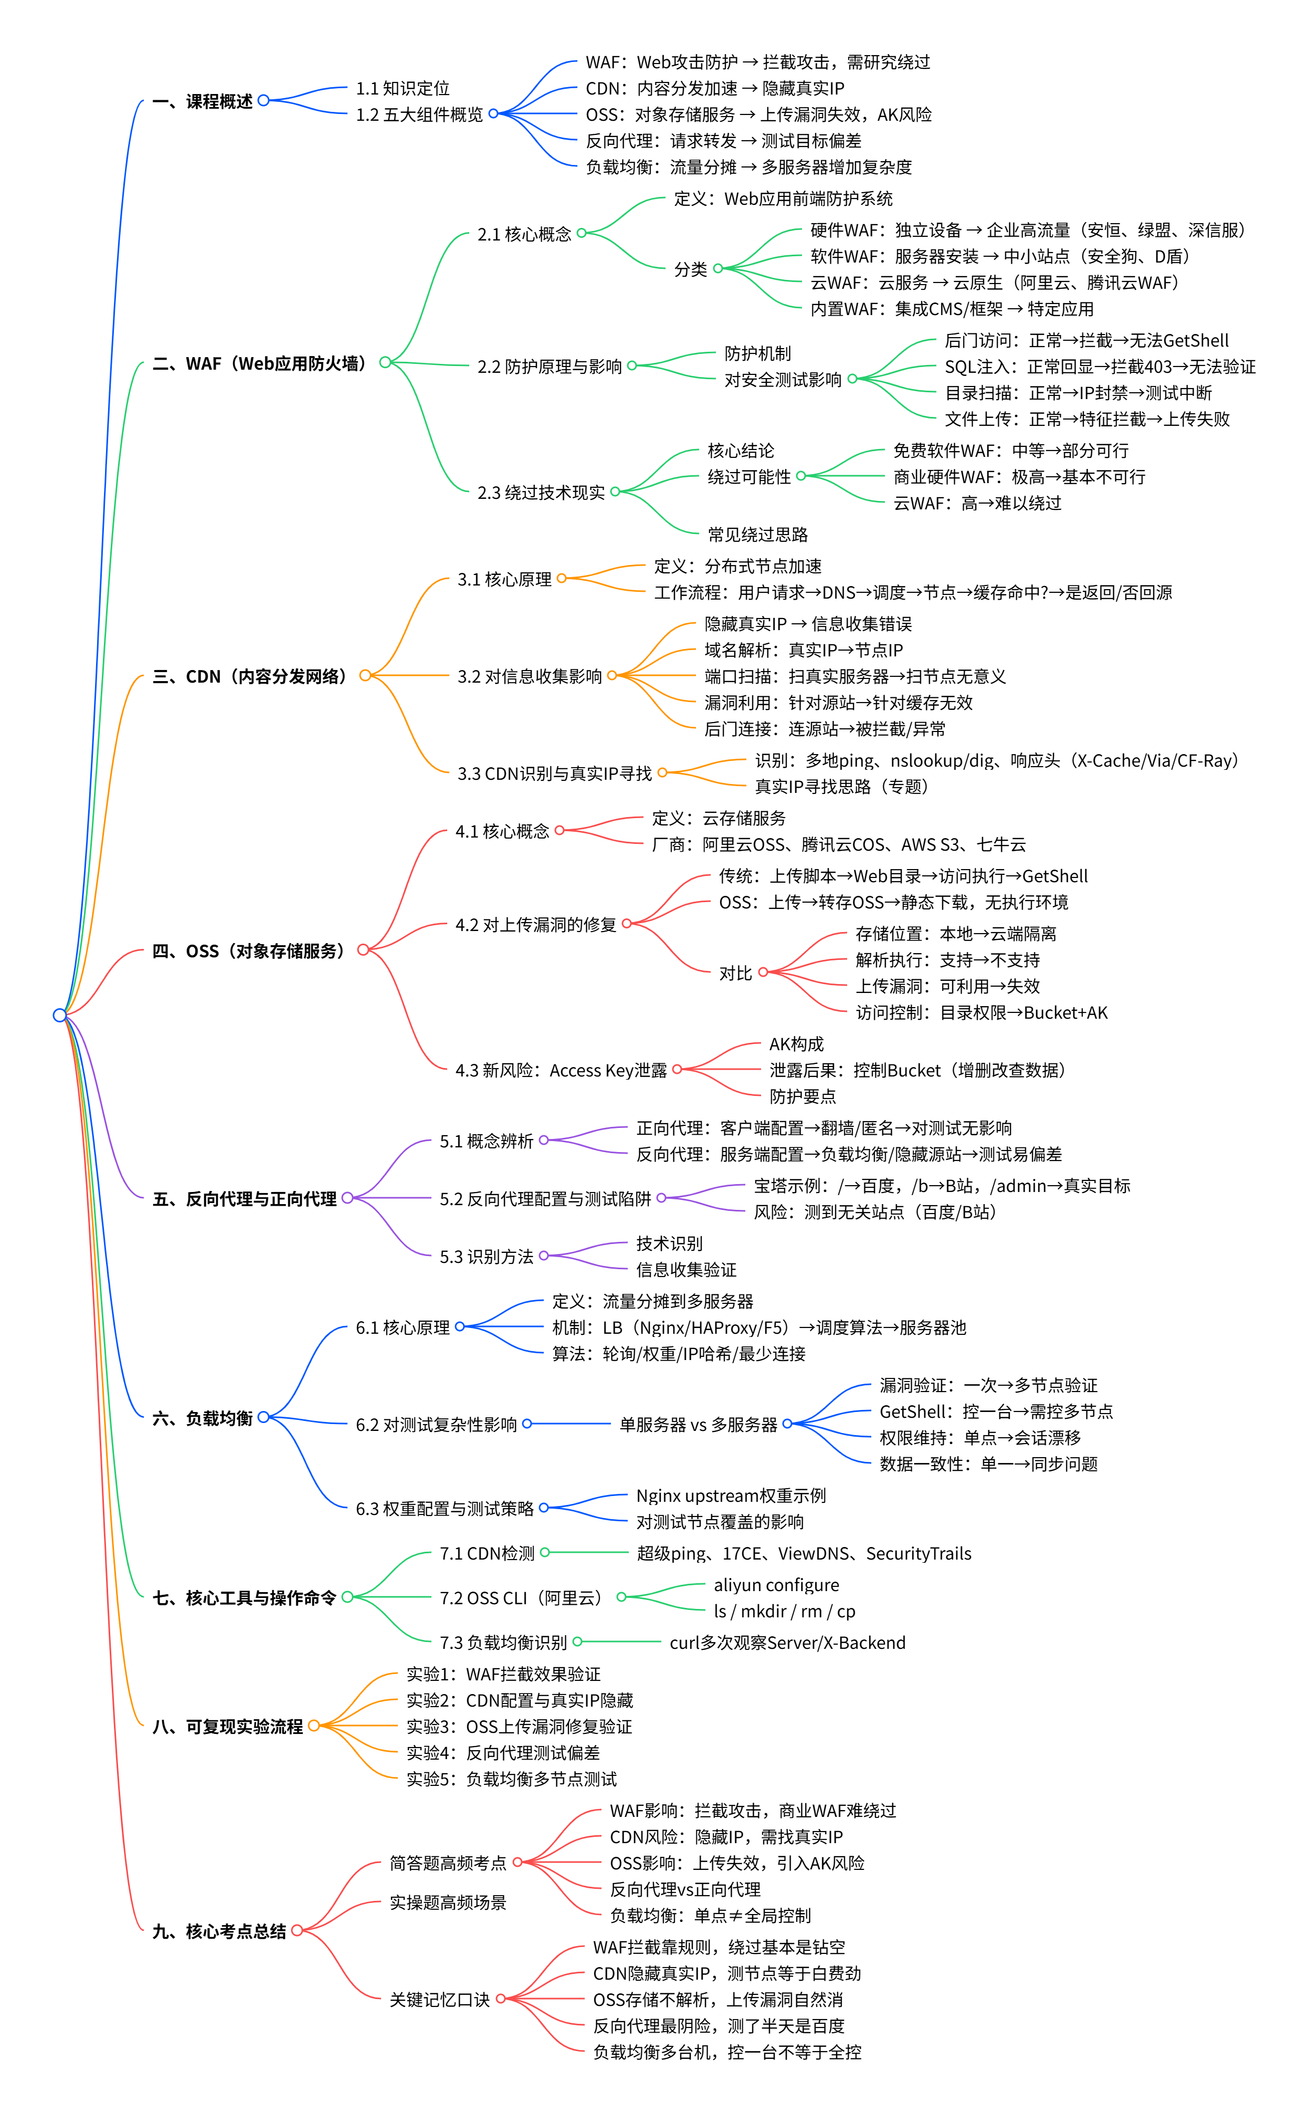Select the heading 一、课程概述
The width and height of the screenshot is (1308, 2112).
click(203, 101)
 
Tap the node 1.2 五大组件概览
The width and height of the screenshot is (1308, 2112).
click(419, 114)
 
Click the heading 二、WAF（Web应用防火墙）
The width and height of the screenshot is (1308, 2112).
click(259, 363)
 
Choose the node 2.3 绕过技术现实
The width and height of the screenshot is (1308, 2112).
click(541, 493)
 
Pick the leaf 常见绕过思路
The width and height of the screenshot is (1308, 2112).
click(758, 534)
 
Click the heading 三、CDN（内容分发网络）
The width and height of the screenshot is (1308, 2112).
click(249, 676)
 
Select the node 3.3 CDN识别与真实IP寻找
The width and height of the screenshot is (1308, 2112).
click(554, 773)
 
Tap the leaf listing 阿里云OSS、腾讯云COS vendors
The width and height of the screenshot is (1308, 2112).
click(838, 844)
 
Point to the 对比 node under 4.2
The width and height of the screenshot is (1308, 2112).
click(735, 974)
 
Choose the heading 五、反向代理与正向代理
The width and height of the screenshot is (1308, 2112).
click(245, 1198)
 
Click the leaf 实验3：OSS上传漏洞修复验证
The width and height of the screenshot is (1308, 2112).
click(519, 1726)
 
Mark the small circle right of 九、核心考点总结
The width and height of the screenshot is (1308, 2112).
click(297, 1930)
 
